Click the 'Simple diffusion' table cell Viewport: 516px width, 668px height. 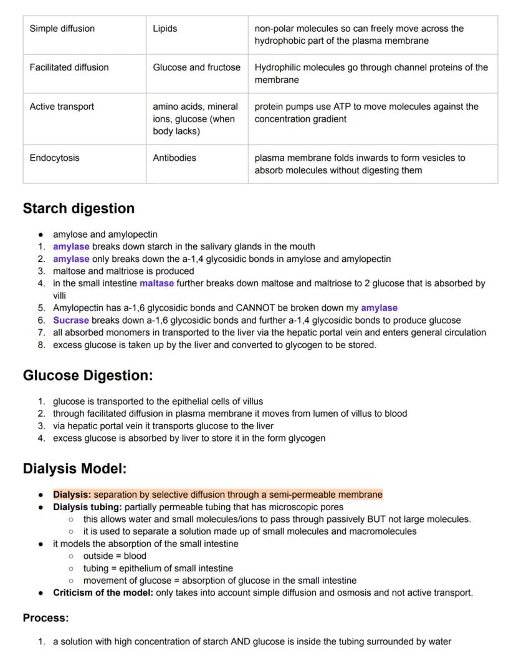pos(62,29)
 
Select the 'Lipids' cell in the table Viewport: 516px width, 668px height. pos(165,29)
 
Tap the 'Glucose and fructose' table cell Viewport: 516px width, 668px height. pos(196,67)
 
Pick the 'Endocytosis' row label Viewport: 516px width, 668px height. pos(54,158)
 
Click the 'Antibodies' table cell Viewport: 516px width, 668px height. pos(174,158)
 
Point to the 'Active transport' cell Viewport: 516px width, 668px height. pos(62,107)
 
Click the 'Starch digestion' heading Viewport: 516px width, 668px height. pos(79,208)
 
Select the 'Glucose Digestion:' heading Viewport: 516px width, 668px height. pos(87,375)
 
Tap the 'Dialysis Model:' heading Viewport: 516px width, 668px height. pos(75,468)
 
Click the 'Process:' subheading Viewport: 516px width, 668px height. pos(45,618)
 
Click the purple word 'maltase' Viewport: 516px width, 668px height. pos(156,283)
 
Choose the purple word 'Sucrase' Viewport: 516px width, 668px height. pos(70,320)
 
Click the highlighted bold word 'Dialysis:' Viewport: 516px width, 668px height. pos(72,495)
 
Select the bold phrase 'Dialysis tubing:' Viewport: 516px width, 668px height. pos(87,507)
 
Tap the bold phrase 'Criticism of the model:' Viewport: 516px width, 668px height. pos(103,593)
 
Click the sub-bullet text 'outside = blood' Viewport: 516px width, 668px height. pos(115,556)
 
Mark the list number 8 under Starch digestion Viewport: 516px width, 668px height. pos(41,345)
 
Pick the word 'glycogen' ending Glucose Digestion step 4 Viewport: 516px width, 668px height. pos(306,438)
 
